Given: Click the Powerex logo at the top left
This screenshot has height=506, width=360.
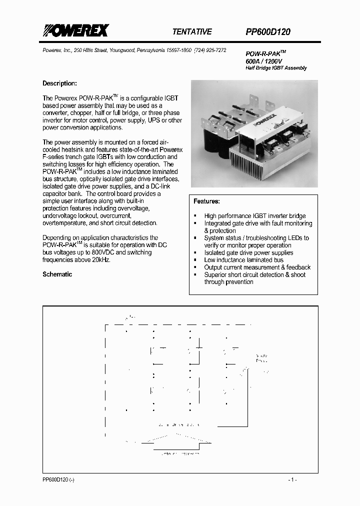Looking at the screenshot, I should pos(75,31).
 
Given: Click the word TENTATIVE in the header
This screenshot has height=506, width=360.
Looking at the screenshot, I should pos(192,31).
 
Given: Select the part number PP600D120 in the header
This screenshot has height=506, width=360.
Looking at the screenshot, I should pos(267,31).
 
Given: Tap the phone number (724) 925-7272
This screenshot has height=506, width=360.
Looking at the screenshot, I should pos(210,50).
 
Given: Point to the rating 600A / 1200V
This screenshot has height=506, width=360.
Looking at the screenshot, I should pos(263,60).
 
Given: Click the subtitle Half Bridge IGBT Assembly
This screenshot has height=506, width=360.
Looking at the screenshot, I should pos(276,68).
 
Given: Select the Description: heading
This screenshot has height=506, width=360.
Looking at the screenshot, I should pos(59,83).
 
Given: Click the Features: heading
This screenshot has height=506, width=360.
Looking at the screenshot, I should pos(206,201).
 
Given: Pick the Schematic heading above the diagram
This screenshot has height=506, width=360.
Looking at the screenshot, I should pos(57,274).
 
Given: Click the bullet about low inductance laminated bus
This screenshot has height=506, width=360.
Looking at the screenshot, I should pos(243,260).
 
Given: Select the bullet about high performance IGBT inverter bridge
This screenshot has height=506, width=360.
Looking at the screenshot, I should pos(254,216).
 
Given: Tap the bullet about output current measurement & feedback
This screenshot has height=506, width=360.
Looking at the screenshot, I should pos(257,267).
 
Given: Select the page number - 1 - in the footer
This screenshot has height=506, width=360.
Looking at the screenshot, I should pos(292,479).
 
